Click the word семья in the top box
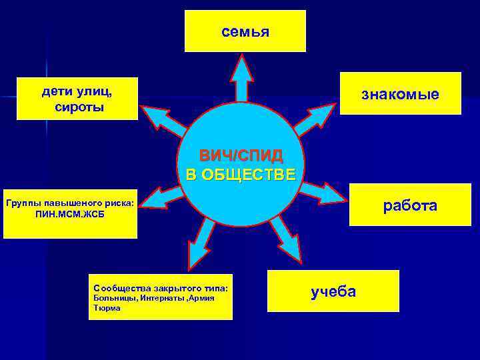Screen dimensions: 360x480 [x=245, y=31]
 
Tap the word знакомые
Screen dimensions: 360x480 [x=400, y=94]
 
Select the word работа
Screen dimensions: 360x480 [x=409, y=205]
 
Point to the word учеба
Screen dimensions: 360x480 [x=333, y=291]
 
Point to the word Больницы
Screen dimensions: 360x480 [x=113, y=298]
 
